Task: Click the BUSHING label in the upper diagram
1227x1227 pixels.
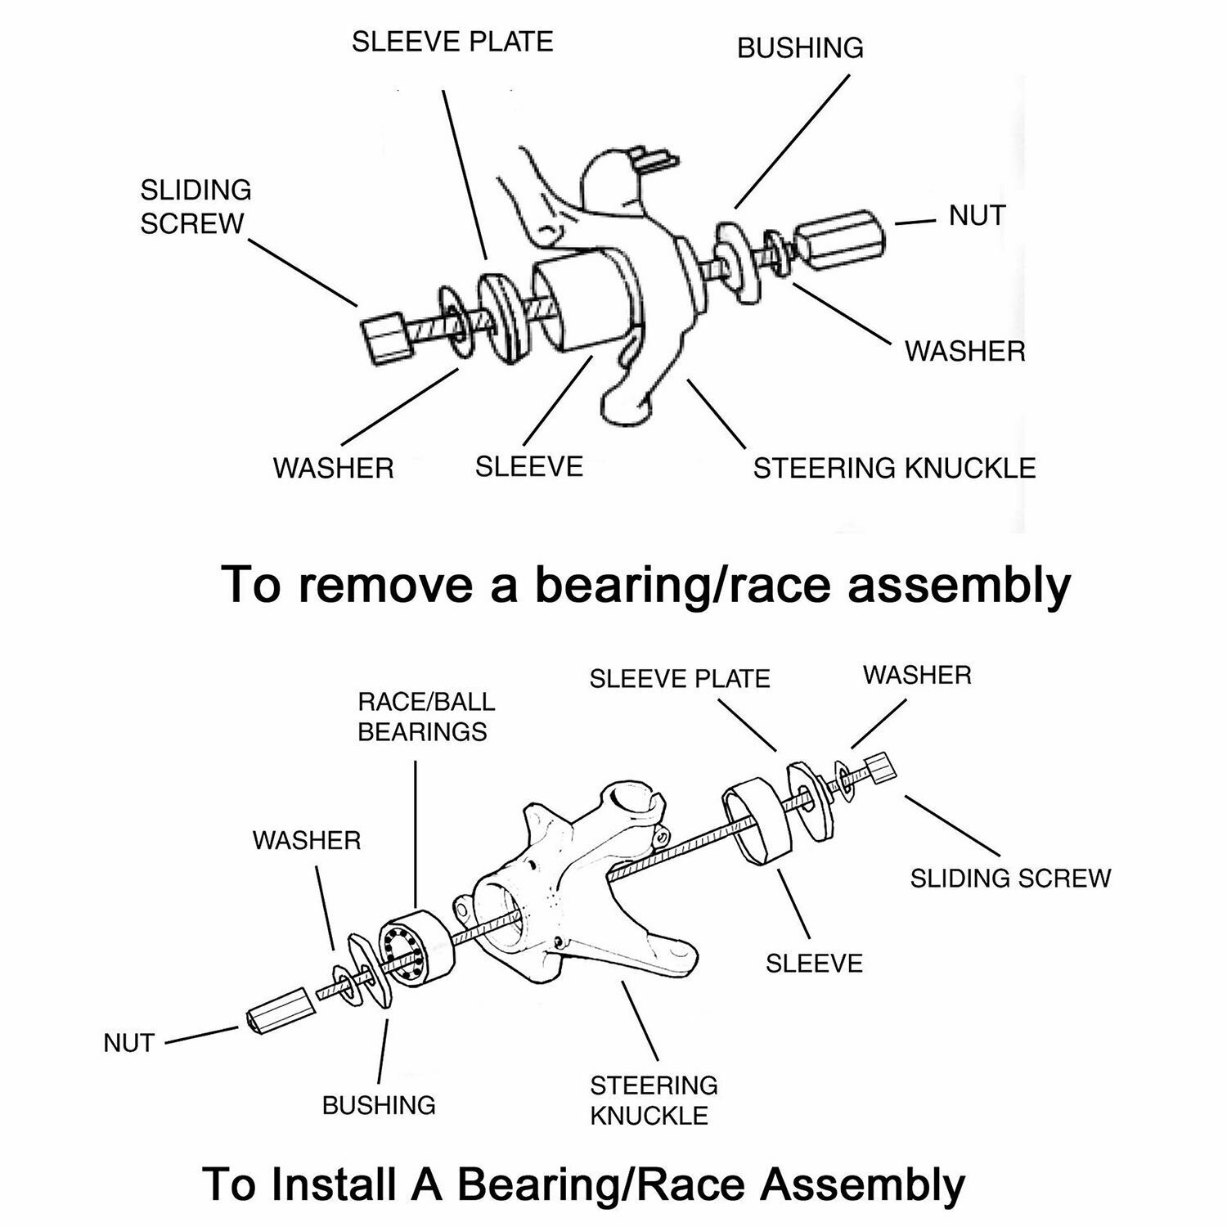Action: click(x=800, y=48)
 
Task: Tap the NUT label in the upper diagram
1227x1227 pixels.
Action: click(x=977, y=216)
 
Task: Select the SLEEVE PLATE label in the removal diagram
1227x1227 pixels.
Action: click(x=452, y=42)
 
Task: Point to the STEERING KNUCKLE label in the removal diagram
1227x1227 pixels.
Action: click(x=894, y=469)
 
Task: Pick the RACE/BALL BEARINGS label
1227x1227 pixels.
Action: click(x=425, y=717)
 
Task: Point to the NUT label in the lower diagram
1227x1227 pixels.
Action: click(x=129, y=1043)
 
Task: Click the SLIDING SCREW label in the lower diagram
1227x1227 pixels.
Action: click(x=1010, y=879)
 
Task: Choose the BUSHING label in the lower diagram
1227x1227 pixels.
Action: click(x=379, y=1105)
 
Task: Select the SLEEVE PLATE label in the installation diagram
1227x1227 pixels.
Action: click(x=680, y=679)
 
